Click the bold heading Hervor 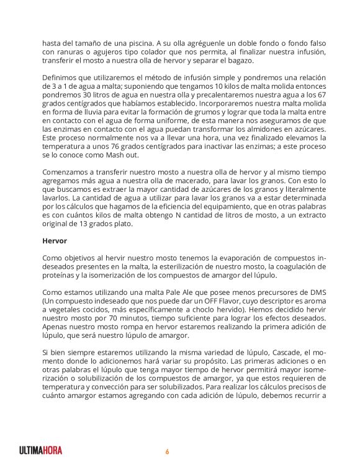pos(53,238)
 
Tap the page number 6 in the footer pos(167,451)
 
